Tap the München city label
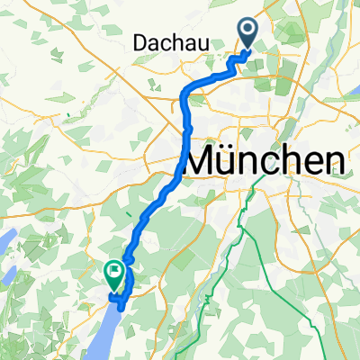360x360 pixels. [266, 162]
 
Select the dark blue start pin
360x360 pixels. [248, 33]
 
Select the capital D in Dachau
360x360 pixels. [139, 41]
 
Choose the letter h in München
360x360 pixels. [292, 162]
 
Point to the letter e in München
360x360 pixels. [313, 164]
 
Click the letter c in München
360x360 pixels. [274, 164]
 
